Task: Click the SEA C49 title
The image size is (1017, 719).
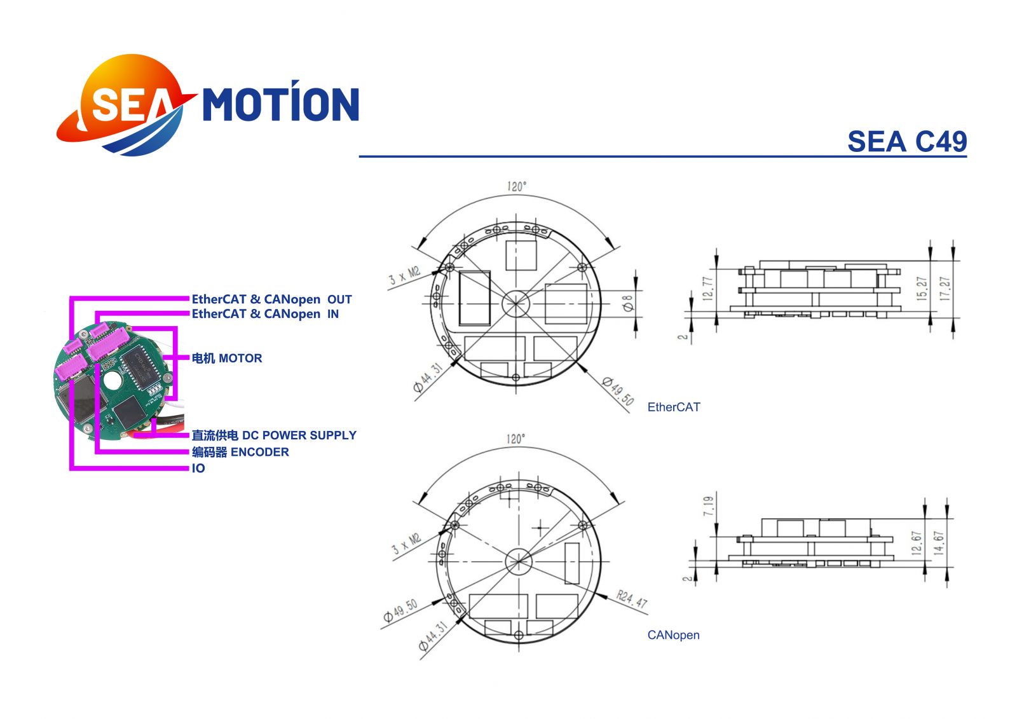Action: (906, 141)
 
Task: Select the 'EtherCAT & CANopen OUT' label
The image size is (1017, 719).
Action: (271, 299)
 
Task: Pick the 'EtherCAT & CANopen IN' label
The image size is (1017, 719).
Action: (265, 314)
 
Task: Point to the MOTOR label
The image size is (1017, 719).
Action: (227, 359)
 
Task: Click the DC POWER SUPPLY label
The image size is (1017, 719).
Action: (274, 435)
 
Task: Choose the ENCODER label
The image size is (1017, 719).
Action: (240, 452)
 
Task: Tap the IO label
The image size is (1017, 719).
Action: (198, 469)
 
